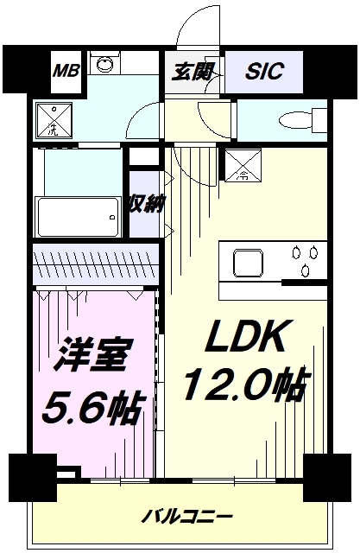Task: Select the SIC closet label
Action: click(x=263, y=72)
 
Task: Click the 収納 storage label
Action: click(x=143, y=204)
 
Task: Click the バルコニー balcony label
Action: click(x=187, y=516)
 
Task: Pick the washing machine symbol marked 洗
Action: click(x=53, y=120)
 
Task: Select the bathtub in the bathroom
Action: click(x=77, y=211)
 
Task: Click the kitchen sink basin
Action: click(x=248, y=258)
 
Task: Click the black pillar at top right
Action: click(x=332, y=68)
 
